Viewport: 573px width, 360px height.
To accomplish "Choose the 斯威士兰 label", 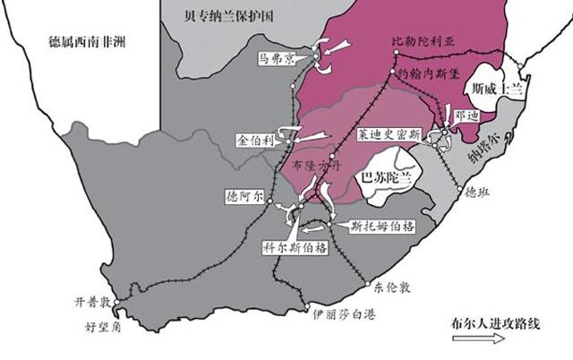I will click(x=498, y=88).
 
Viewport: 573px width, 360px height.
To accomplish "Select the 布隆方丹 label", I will click(x=318, y=166).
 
